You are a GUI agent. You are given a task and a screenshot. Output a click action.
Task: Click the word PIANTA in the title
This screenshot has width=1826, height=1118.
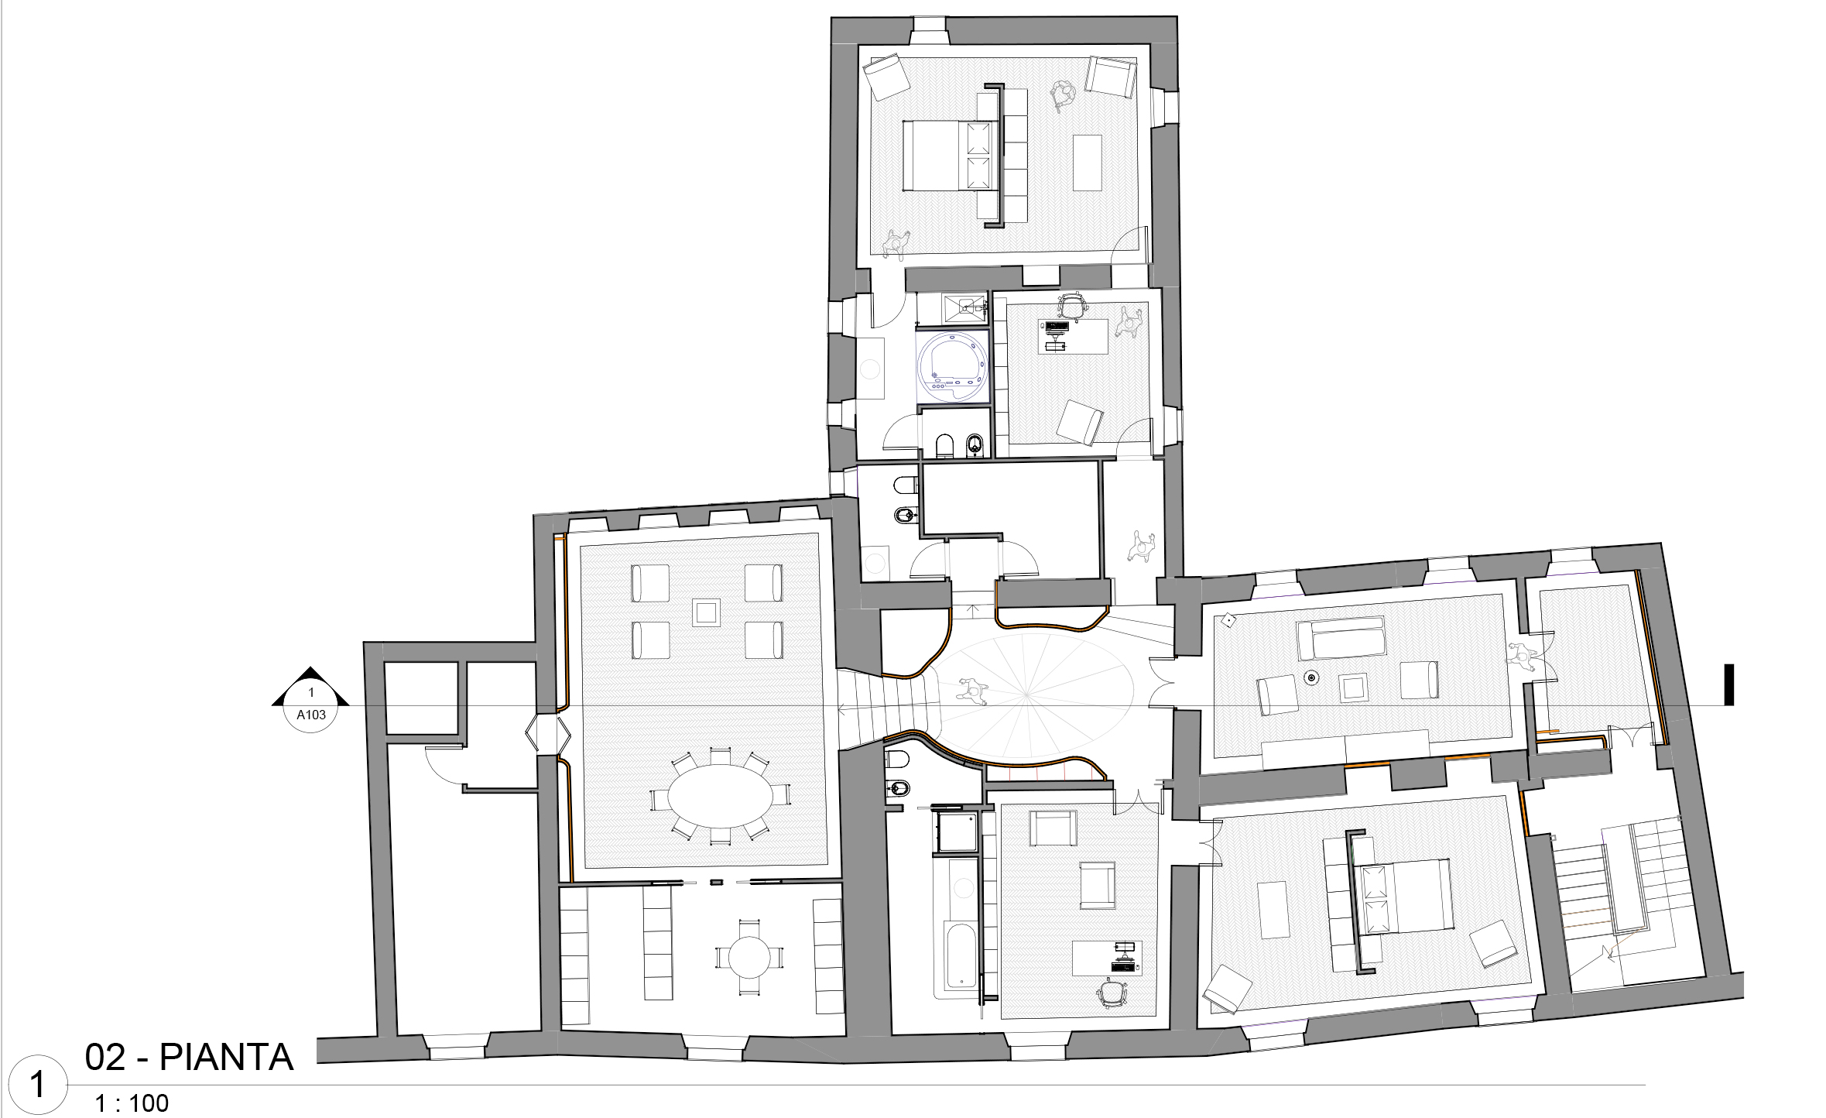[x=227, y=1058]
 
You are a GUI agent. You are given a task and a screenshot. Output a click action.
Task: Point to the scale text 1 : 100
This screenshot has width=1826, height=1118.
[x=132, y=1103]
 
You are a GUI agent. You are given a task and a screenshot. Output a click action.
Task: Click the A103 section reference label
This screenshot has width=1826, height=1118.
[x=311, y=715]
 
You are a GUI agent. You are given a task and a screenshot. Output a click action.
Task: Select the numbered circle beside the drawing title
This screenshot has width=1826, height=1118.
[x=37, y=1085]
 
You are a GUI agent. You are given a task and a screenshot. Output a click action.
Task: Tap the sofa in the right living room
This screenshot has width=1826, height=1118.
[x=1341, y=637]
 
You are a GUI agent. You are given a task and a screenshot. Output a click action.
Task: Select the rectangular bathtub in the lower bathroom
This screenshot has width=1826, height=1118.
[x=961, y=956]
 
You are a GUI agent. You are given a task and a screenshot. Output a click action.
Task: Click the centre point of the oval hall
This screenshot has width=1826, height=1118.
[x=1026, y=694]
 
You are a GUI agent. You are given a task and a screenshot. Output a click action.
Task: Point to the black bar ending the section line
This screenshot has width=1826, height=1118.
[x=1729, y=685]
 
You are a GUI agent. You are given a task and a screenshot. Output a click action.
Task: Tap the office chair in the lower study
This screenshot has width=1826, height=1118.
[x=1112, y=993]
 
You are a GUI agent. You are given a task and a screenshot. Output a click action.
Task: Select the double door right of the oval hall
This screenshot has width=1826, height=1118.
[x=1161, y=682]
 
